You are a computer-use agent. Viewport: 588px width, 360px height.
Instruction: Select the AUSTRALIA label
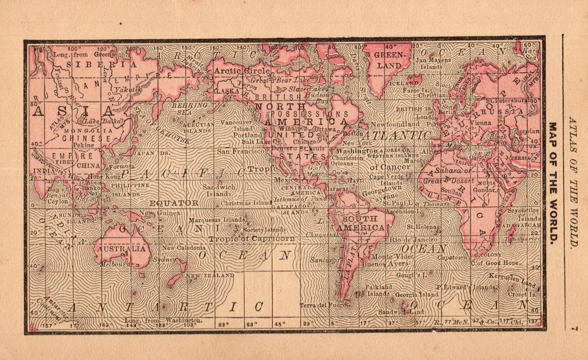tap(121, 249)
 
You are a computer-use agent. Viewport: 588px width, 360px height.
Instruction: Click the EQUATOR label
tap(174, 203)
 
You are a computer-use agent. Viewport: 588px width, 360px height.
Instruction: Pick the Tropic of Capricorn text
tap(252, 239)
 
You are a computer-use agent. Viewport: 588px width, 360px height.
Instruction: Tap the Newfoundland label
tap(395, 124)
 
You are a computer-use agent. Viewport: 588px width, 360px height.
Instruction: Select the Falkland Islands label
tap(378, 290)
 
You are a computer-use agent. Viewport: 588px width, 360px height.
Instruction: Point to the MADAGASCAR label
tap(518, 225)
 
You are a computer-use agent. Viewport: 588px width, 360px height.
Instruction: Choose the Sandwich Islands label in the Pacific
tap(219, 190)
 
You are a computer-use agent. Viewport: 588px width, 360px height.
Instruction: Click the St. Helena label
tap(419, 226)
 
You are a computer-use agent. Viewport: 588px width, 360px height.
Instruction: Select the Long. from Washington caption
tap(162, 320)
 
